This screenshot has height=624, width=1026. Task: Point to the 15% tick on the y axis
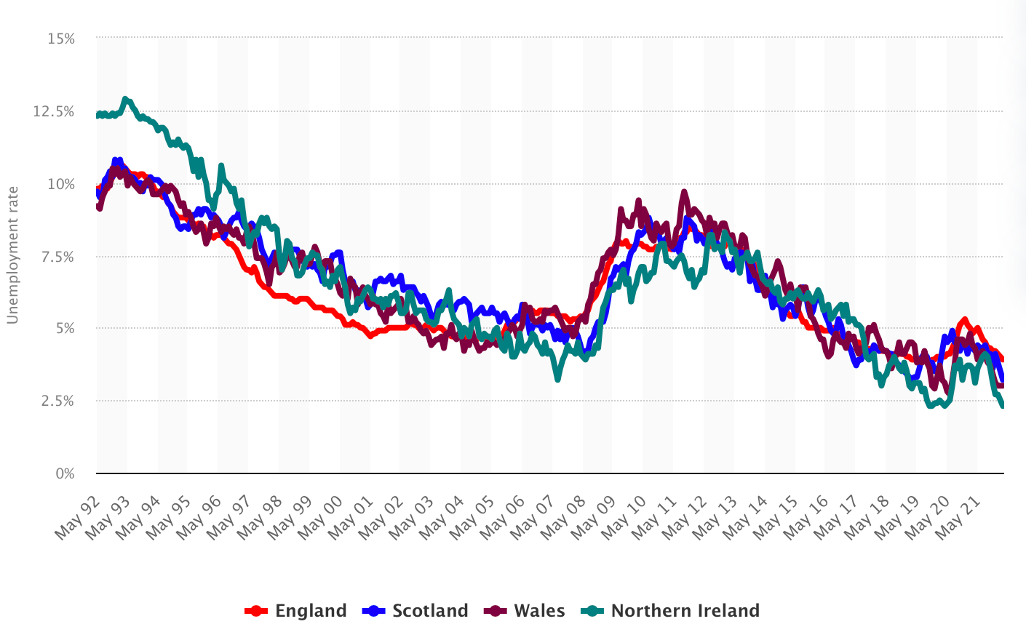pyautogui.click(x=61, y=39)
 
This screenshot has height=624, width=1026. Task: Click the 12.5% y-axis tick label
pyautogui.click(x=54, y=111)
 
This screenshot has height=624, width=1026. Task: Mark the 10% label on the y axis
pyautogui.click(x=61, y=184)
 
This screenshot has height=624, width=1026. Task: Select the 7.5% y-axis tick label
pyautogui.click(x=57, y=257)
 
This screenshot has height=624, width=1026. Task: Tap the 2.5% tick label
pyautogui.click(x=57, y=401)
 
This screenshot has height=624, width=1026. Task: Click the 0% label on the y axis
pyautogui.click(x=65, y=473)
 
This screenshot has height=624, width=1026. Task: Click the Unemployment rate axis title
pyautogui.click(x=12, y=255)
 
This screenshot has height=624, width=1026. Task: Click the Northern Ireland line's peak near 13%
pyautogui.click(x=125, y=98)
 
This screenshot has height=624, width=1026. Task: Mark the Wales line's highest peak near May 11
pyautogui.click(x=684, y=192)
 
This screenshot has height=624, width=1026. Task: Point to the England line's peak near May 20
pyautogui.click(x=964, y=319)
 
